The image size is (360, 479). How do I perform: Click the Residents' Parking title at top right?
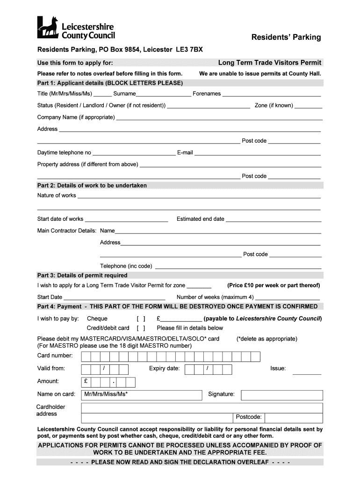pos(286,37)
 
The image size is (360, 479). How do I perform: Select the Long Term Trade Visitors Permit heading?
pos(269,63)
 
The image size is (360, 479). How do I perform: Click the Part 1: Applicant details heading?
pos(110,83)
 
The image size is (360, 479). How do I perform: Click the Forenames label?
pos(207,94)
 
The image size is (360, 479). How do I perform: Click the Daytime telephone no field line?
pos(134,154)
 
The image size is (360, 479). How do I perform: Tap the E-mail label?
pos(185,152)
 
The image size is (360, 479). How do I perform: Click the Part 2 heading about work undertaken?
pos(92,186)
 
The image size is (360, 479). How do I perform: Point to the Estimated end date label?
pos(200,219)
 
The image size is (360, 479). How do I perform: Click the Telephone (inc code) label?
pos(126,266)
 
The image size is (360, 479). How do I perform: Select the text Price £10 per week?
pos(274,285)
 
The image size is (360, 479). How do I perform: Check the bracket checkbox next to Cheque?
pos(141,319)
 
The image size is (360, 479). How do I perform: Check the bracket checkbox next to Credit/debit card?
pos(141,328)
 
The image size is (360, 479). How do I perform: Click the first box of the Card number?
pos(86,357)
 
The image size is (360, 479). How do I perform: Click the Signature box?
pos(281,395)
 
